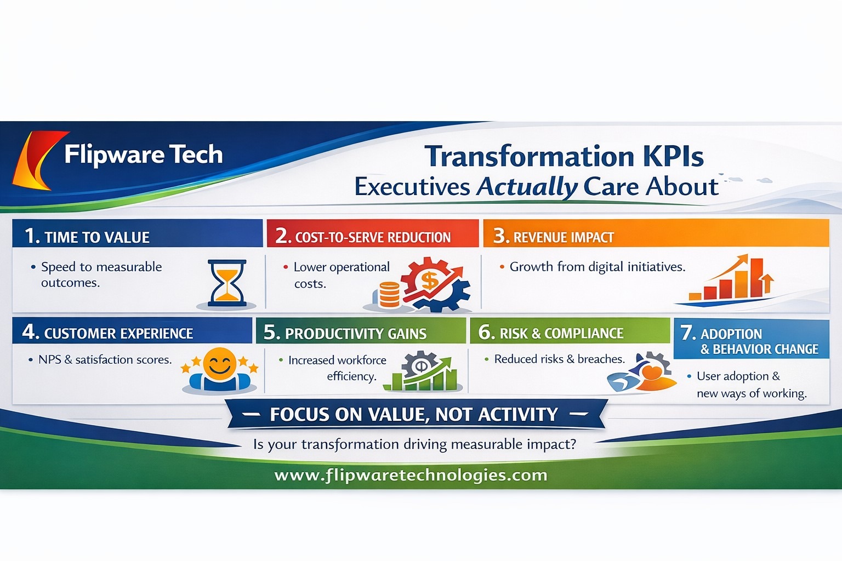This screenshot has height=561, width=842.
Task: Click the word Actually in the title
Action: (526, 187)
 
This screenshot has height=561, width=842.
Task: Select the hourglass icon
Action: (227, 282)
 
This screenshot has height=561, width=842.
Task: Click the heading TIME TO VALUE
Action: (96, 237)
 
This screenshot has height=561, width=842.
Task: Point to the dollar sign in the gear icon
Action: (429, 281)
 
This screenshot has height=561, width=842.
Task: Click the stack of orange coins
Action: (389, 295)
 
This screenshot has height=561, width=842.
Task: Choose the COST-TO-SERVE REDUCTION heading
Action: (373, 237)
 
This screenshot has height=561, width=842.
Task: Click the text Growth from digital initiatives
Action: (598, 267)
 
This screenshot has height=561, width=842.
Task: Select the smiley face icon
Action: (219, 364)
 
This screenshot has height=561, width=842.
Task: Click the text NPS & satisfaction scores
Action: (105, 360)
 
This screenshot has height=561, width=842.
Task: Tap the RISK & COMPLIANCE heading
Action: (561, 333)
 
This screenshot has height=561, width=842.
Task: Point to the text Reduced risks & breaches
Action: (559, 359)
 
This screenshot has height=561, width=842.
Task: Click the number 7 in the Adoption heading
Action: (687, 333)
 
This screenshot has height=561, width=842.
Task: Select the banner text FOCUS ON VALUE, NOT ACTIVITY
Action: (414, 415)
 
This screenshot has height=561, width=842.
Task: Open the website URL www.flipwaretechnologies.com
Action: (411, 475)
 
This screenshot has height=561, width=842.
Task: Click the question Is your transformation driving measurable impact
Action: (414, 444)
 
